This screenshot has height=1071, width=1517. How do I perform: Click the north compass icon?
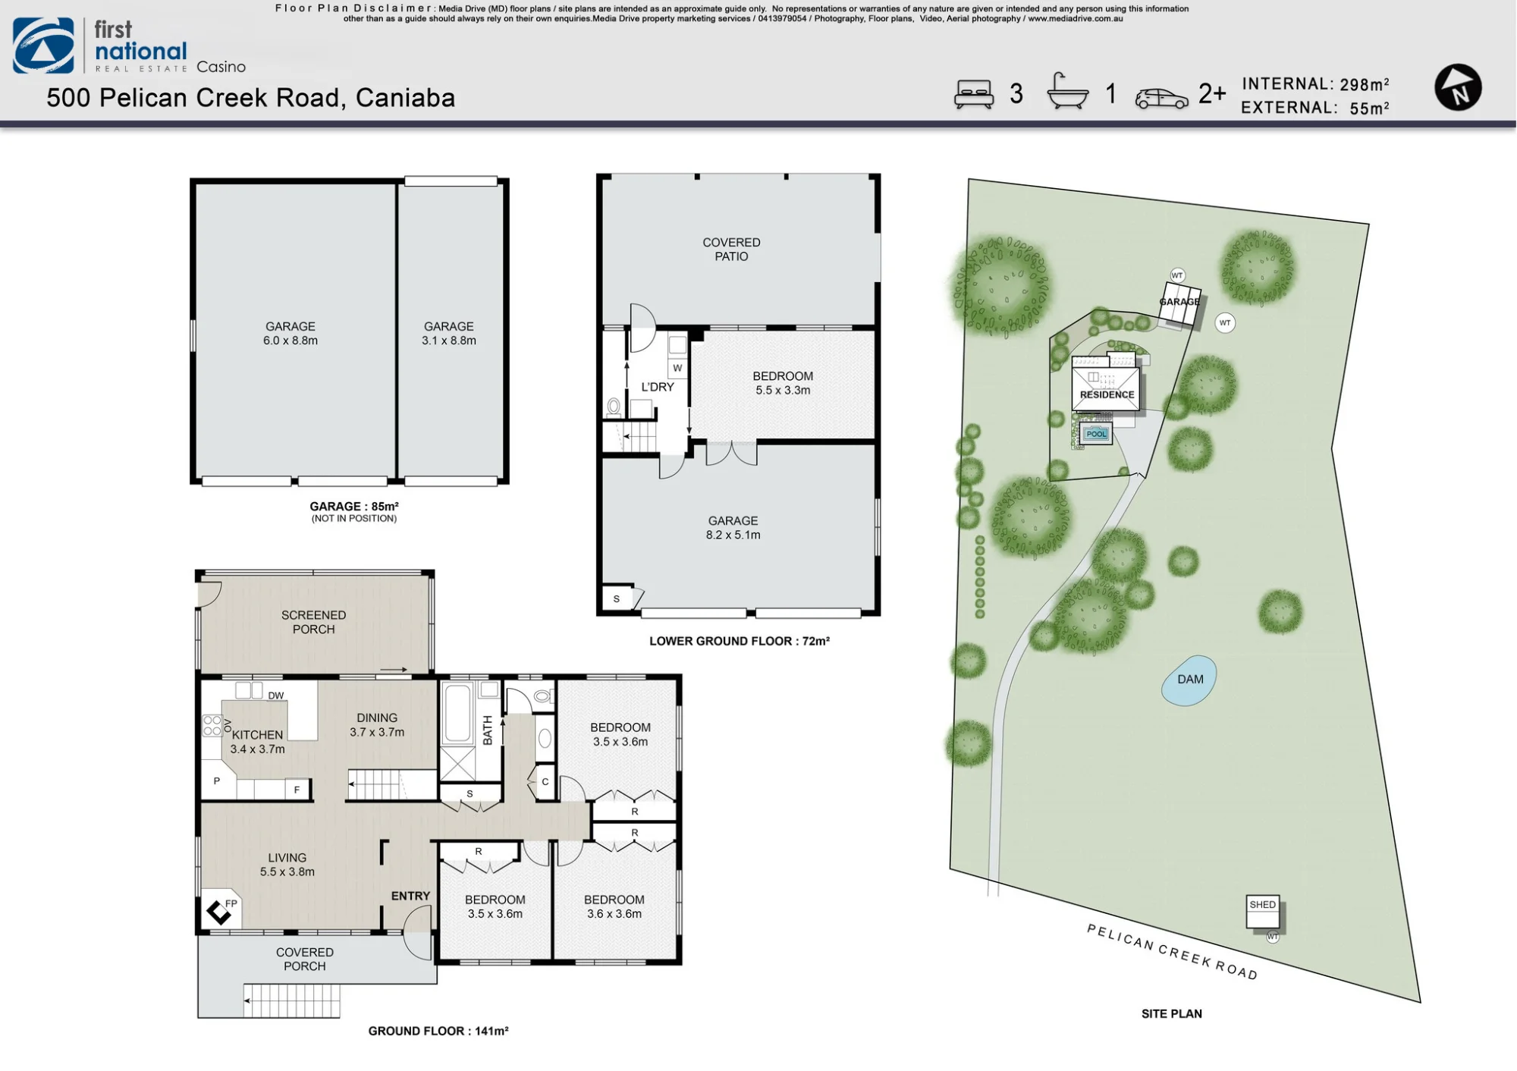point(1458,88)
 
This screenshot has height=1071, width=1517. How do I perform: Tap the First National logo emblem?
point(43,46)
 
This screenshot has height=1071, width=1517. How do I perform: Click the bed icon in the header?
point(974,94)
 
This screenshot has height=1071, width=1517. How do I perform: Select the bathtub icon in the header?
point(1067,92)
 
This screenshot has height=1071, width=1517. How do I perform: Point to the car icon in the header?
point(1161,99)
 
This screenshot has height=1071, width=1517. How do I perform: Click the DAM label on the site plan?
point(1190,680)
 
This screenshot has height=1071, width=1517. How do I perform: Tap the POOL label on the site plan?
point(1097,434)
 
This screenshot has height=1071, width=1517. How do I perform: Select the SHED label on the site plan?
point(1262,904)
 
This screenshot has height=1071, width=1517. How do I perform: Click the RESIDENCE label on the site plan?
point(1107,394)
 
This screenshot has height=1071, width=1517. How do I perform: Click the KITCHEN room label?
point(257,735)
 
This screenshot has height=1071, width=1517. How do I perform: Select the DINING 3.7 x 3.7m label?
point(377,725)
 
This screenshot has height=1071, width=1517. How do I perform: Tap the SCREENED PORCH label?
point(313,622)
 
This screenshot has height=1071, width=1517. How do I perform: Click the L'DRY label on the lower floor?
point(657,387)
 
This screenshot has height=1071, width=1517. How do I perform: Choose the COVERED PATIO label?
point(731,250)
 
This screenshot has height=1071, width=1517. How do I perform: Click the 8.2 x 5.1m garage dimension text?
point(733,535)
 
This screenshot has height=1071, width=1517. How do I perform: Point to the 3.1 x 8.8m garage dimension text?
point(449,341)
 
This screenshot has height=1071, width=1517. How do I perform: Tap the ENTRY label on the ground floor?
point(410,896)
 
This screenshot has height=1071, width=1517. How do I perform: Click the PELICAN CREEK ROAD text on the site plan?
point(1172,952)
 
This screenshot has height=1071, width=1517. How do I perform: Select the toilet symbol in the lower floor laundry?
point(614,407)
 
